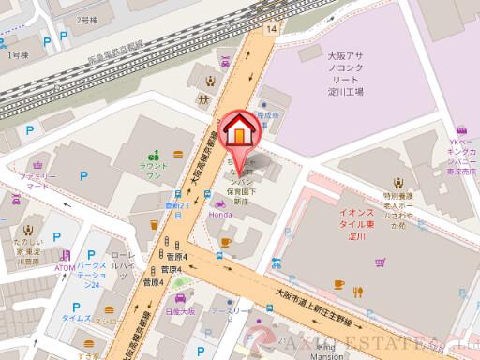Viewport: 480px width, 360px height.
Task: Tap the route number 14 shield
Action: [272, 30]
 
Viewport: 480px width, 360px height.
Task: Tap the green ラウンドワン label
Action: [154, 170]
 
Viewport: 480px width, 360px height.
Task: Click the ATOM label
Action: [65, 268]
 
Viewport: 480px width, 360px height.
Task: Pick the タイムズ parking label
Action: [76, 319]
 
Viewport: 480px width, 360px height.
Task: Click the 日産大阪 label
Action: [179, 310]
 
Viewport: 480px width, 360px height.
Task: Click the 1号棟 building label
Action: [19, 56]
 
